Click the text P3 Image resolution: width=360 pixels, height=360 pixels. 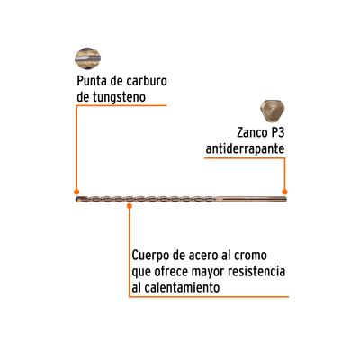click(x=277, y=132)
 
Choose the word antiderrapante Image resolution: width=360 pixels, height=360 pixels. click(x=245, y=149)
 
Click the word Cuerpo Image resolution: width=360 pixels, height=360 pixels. click(x=149, y=256)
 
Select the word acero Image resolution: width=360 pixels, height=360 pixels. click(x=202, y=256)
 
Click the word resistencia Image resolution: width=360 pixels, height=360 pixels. click(x=256, y=272)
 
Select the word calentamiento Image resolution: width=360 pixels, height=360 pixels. click(x=183, y=288)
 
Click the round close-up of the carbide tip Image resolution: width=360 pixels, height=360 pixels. click(x=87, y=58)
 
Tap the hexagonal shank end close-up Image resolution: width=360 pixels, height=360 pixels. click(x=273, y=111)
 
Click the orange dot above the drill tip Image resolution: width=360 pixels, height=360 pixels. click(x=76, y=192)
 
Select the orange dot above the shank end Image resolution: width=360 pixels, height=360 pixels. click(x=284, y=192)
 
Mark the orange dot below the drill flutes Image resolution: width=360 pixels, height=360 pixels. click(x=130, y=206)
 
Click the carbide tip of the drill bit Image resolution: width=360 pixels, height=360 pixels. click(x=78, y=200)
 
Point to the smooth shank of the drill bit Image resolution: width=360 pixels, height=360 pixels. click(x=250, y=199)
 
